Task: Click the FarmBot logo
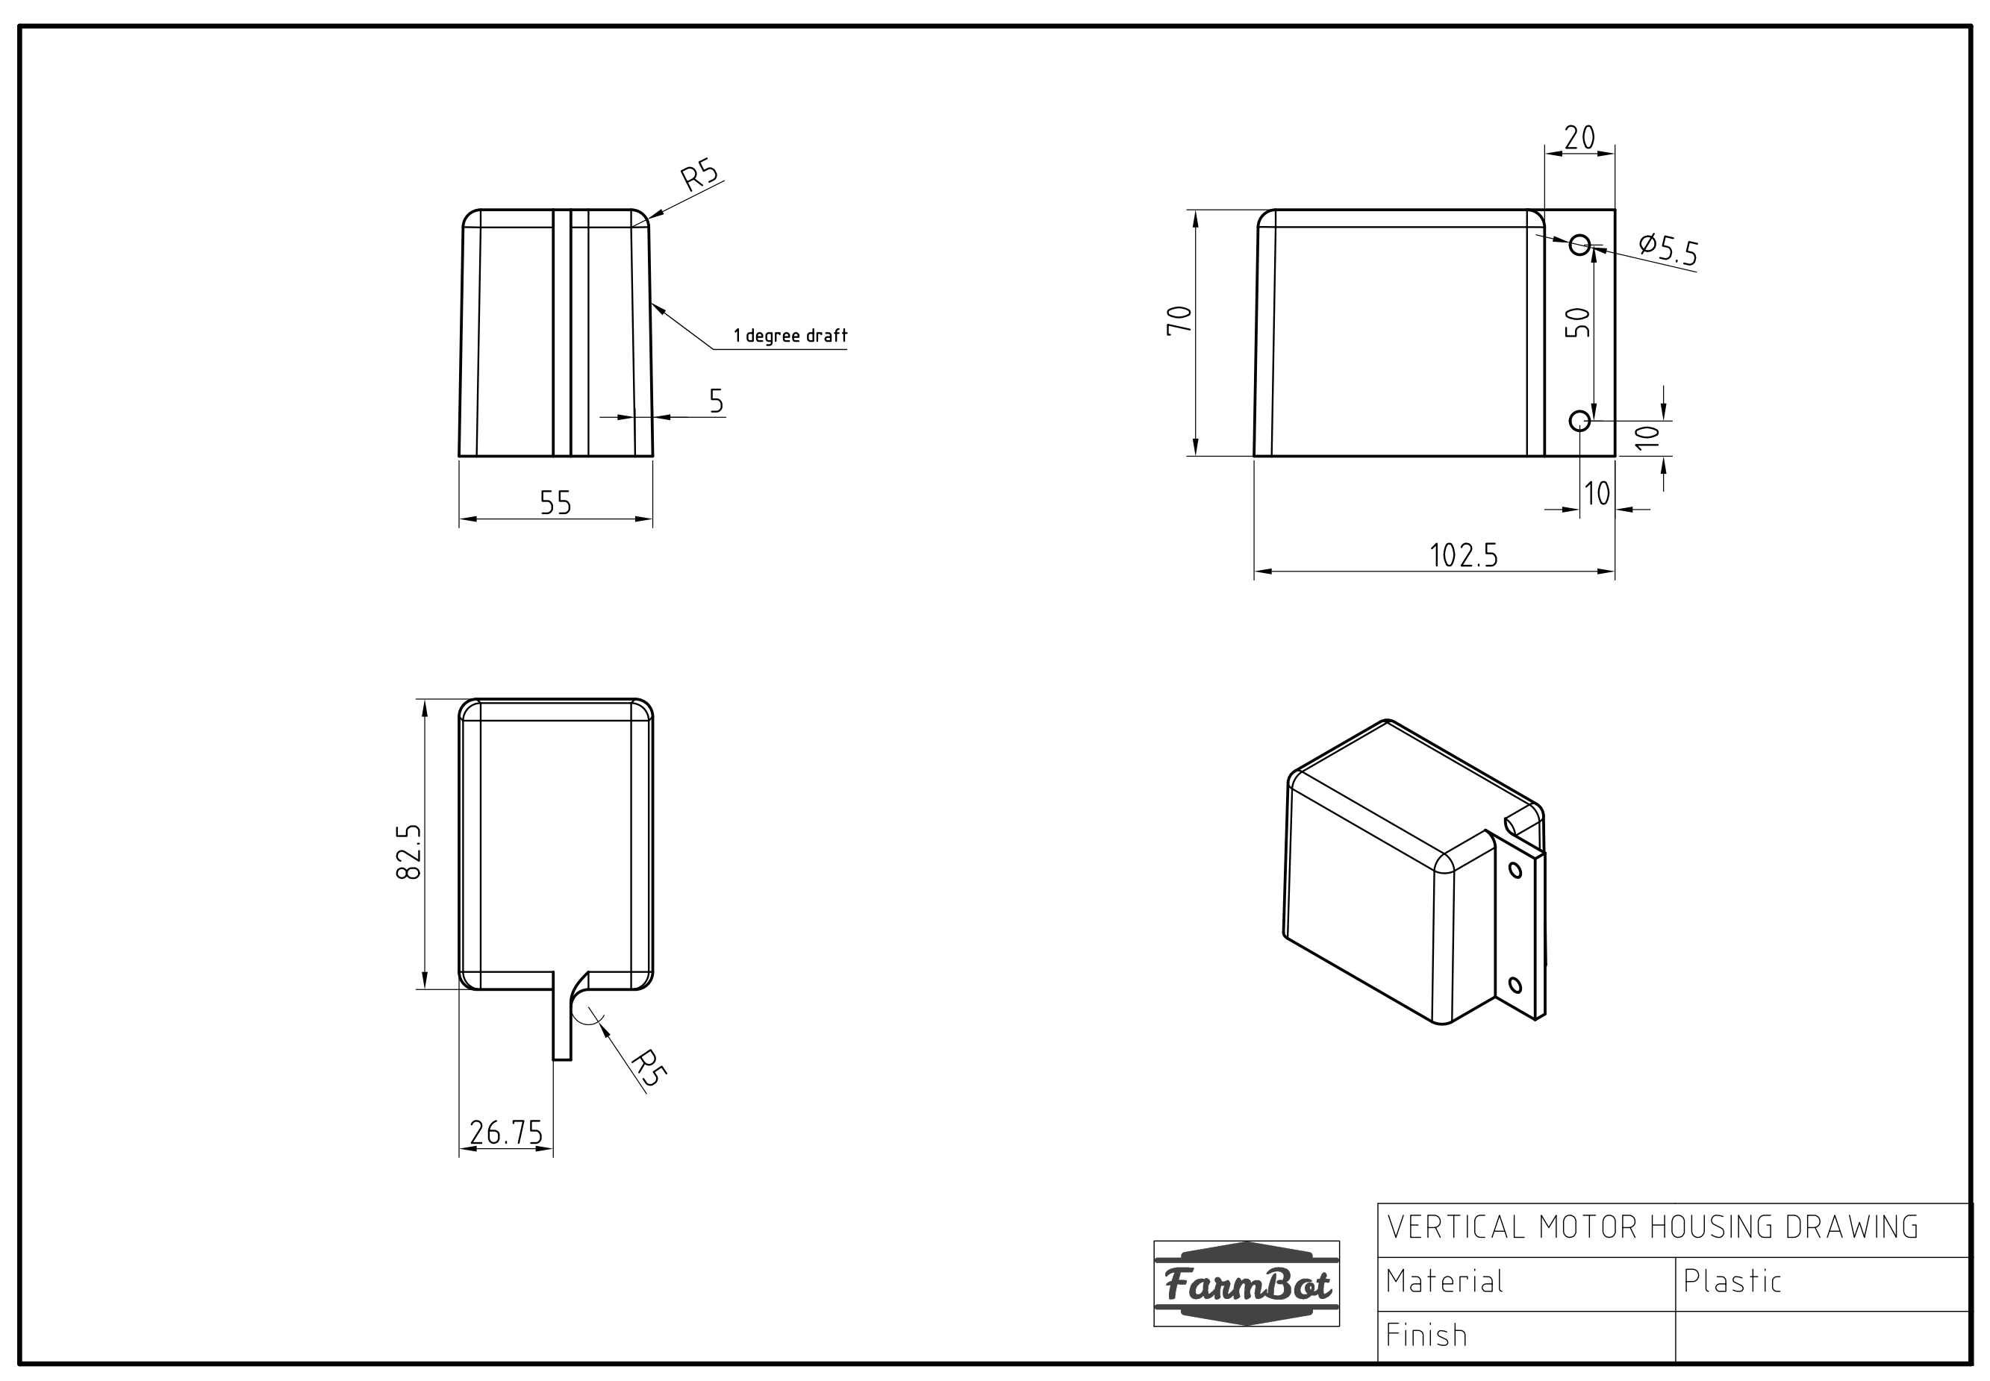tap(1246, 1284)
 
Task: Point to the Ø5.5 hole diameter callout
tap(1668, 249)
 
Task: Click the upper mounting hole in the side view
tap(1579, 245)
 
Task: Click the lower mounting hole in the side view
tap(1579, 422)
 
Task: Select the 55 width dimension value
tap(555, 503)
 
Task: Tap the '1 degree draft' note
tap(790, 336)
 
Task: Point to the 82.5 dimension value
tap(408, 852)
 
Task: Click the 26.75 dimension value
tap(505, 1133)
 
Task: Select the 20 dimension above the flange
tap(1579, 137)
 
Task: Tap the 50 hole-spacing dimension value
tap(1578, 323)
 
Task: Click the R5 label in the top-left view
tap(699, 175)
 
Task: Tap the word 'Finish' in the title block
tap(1426, 1335)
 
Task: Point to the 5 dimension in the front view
tap(716, 401)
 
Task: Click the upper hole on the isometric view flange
tap(1515, 870)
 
